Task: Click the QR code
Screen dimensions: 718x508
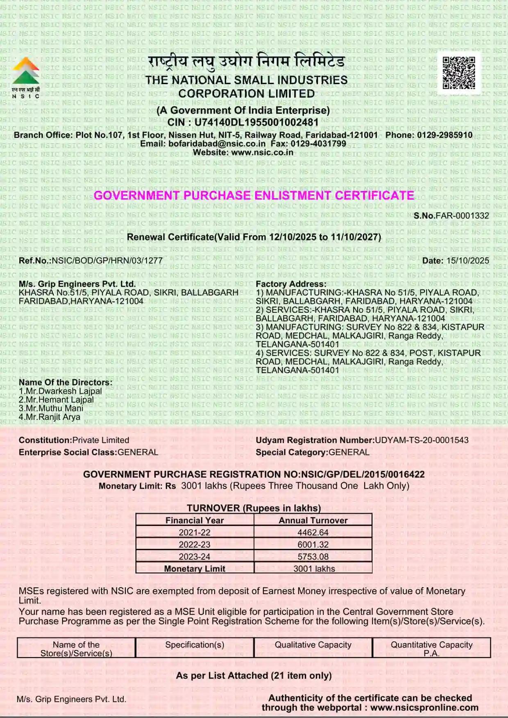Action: point(459,73)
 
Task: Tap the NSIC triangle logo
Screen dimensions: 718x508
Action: point(26,71)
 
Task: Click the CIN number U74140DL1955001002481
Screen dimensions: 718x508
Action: point(256,122)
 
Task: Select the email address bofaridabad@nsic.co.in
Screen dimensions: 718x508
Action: point(217,144)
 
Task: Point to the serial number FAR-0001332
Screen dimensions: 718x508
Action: point(462,216)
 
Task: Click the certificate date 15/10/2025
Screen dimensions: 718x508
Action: point(467,261)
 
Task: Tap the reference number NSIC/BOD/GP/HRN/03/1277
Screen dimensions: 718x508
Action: point(107,261)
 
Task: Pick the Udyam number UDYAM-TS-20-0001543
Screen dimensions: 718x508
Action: point(422,440)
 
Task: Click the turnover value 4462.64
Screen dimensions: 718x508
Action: point(313,533)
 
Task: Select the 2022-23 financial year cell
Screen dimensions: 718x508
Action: point(195,545)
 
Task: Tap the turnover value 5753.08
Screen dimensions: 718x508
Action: point(313,557)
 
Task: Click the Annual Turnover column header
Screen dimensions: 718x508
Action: point(313,521)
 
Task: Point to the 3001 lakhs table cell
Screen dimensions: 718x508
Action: point(314,569)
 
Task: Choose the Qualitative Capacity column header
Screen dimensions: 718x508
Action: point(313,645)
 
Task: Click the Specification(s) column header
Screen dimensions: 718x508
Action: point(195,645)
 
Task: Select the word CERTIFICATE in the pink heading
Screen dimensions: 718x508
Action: point(374,196)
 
